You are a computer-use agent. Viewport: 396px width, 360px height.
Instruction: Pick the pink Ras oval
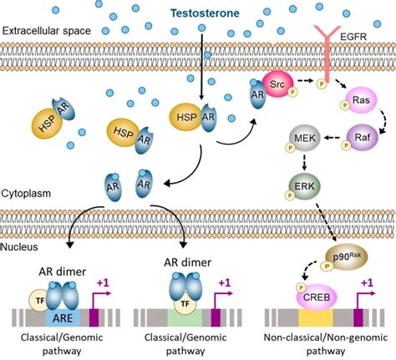[x=363, y=101]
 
